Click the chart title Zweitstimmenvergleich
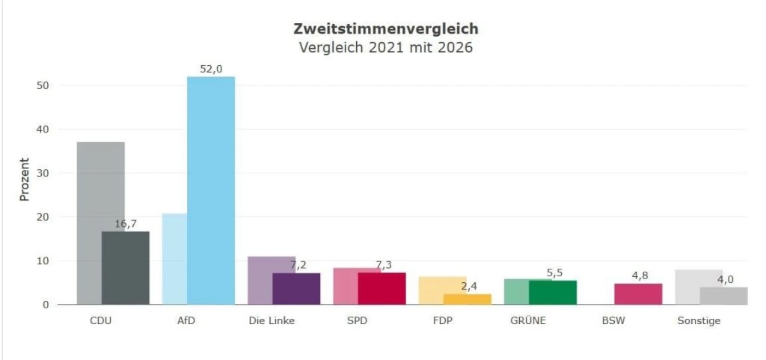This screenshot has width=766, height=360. point(386,29)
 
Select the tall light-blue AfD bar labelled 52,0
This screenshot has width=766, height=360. point(211,191)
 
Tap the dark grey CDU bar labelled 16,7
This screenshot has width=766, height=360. point(126,268)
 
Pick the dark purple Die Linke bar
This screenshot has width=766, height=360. point(296,289)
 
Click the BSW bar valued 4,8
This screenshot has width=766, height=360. point(638,294)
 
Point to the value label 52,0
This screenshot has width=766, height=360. point(211,70)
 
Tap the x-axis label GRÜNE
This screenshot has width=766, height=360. point(528,321)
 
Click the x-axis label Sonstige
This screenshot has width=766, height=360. point(699,321)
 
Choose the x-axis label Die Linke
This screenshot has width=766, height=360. point(272,321)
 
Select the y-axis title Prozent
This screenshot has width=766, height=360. point(25,179)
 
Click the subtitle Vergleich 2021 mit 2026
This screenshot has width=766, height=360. point(386,48)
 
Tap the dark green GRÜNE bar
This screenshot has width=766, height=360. point(553,293)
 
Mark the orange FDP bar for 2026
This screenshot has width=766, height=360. point(467,299)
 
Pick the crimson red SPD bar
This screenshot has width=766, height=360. point(382,289)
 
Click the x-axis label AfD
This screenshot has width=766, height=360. point(186,321)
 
